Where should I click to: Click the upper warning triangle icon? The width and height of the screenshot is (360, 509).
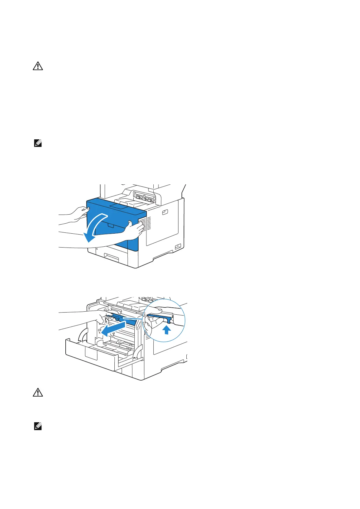(x=38, y=66)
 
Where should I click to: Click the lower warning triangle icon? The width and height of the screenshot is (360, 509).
(x=38, y=392)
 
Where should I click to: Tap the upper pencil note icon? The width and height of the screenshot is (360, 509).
(x=38, y=144)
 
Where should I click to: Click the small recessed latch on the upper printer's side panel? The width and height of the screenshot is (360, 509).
(x=165, y=212)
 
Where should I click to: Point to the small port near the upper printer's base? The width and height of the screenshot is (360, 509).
(x=178, y=247)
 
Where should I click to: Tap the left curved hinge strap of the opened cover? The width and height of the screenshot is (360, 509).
(x=82, y=336)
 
